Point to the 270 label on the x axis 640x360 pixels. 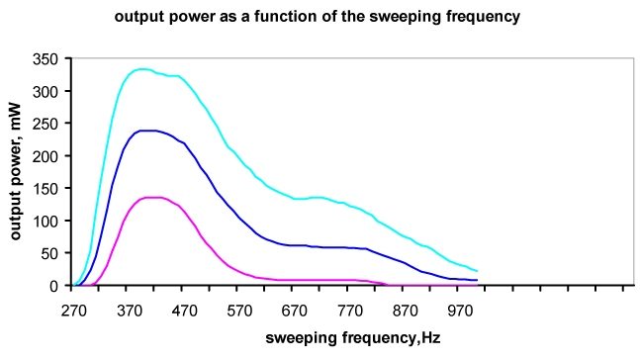73,309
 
